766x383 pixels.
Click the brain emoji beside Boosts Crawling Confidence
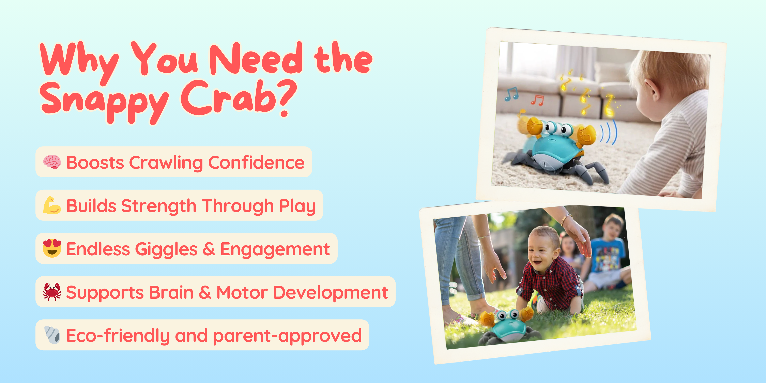tap(52, 162)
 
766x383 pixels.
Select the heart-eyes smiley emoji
tap(52, 248)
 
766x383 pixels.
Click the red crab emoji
tap(52, 292)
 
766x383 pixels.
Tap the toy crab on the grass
tap(507, 326)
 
